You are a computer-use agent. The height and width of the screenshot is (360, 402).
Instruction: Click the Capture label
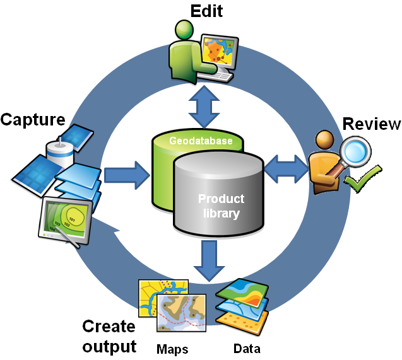coord(32,119)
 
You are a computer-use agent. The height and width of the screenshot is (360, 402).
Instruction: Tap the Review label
coord(370,124)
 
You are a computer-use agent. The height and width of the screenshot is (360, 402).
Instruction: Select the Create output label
coord(109,336)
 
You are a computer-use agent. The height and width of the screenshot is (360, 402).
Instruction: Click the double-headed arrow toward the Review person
coord(287,168)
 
